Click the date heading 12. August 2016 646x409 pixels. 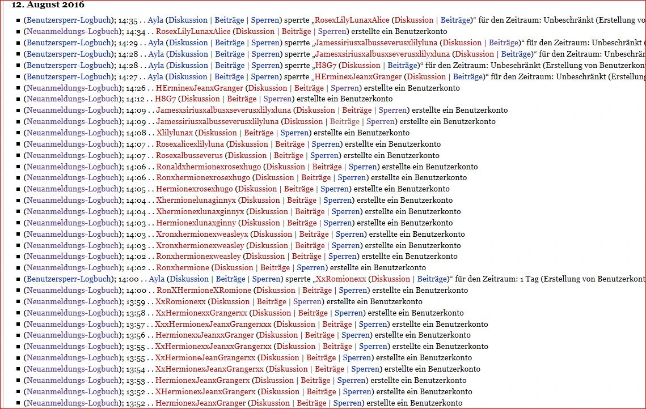pos(48,5)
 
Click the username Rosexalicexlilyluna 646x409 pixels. pos(190,144)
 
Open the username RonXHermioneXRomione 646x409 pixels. pos(203,290)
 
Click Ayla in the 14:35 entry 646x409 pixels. pos(155,20)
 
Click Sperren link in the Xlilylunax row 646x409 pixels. pos(295,133)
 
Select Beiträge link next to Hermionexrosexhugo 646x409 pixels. pos(299,189)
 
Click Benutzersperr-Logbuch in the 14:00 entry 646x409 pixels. pos(69,279)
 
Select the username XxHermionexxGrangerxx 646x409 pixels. pos(201,313)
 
